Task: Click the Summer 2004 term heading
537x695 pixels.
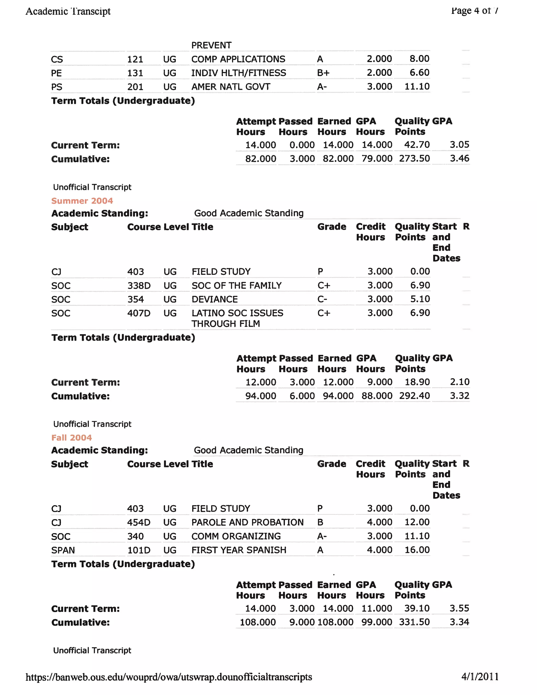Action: point(82,201)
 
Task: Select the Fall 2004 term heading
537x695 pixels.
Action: point(72,437)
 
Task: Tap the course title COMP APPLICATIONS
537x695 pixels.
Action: point(238,59)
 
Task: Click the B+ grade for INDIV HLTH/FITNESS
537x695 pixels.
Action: point(323,73)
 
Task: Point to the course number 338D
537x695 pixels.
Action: point(139,285)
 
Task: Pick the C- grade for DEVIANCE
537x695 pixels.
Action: point(322,299)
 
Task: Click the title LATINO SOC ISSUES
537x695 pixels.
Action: point(237,313)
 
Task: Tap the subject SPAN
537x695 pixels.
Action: point(63,550)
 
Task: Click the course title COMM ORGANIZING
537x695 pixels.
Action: point(236,536)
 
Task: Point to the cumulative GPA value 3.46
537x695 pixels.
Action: point(459,158)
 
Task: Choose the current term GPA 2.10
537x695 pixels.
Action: point(459,382)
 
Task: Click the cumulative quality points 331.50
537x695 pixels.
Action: point(414,622)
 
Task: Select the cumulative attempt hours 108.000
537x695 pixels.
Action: point(258,622)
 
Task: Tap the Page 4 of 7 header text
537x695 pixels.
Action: point(475,11)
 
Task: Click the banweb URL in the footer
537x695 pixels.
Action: point(169,677)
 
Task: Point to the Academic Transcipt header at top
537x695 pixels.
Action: point(68,12)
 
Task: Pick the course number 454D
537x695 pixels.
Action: point(139,522)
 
